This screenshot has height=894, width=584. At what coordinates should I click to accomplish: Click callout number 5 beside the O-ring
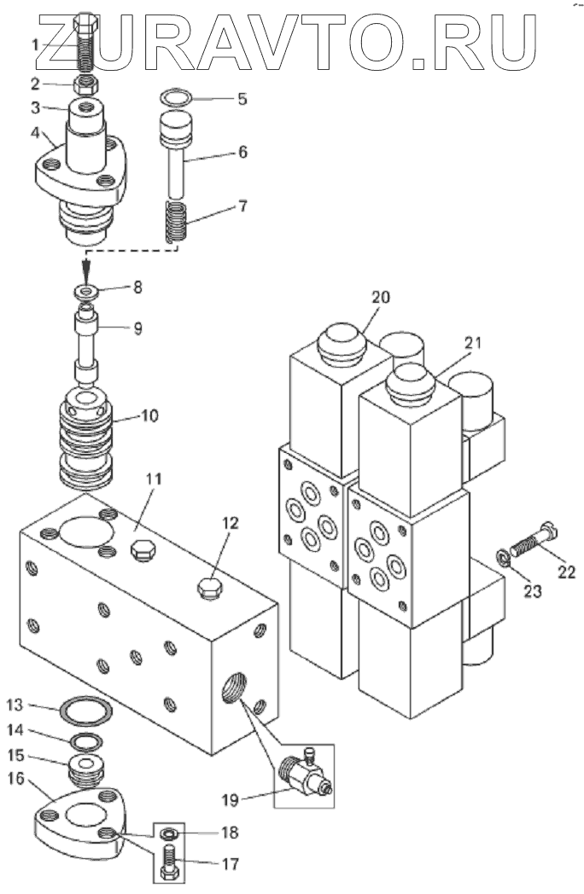(x=242, y=99)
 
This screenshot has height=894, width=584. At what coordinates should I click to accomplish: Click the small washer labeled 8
(x=87, y=293)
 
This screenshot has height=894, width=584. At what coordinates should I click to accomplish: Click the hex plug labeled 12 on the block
(x=209, y=588)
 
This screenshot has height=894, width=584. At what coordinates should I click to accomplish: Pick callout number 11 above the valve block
(x=154, y=479)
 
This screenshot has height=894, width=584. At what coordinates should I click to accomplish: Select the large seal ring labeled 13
(x=87, y=710)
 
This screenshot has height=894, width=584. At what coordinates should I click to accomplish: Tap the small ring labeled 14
(x=86, y=742)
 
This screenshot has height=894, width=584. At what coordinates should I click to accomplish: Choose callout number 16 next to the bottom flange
(x=16, y=777)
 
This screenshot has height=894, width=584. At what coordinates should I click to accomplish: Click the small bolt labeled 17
(x=170, y=862)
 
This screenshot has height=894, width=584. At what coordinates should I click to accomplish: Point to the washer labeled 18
(x=168, y=833)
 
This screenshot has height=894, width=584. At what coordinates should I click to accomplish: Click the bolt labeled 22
(x=533, y=539)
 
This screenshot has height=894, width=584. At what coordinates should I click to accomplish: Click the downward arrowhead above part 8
(x=86, y=268)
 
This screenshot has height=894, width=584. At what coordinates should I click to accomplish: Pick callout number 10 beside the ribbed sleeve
(x=149, y=415)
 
